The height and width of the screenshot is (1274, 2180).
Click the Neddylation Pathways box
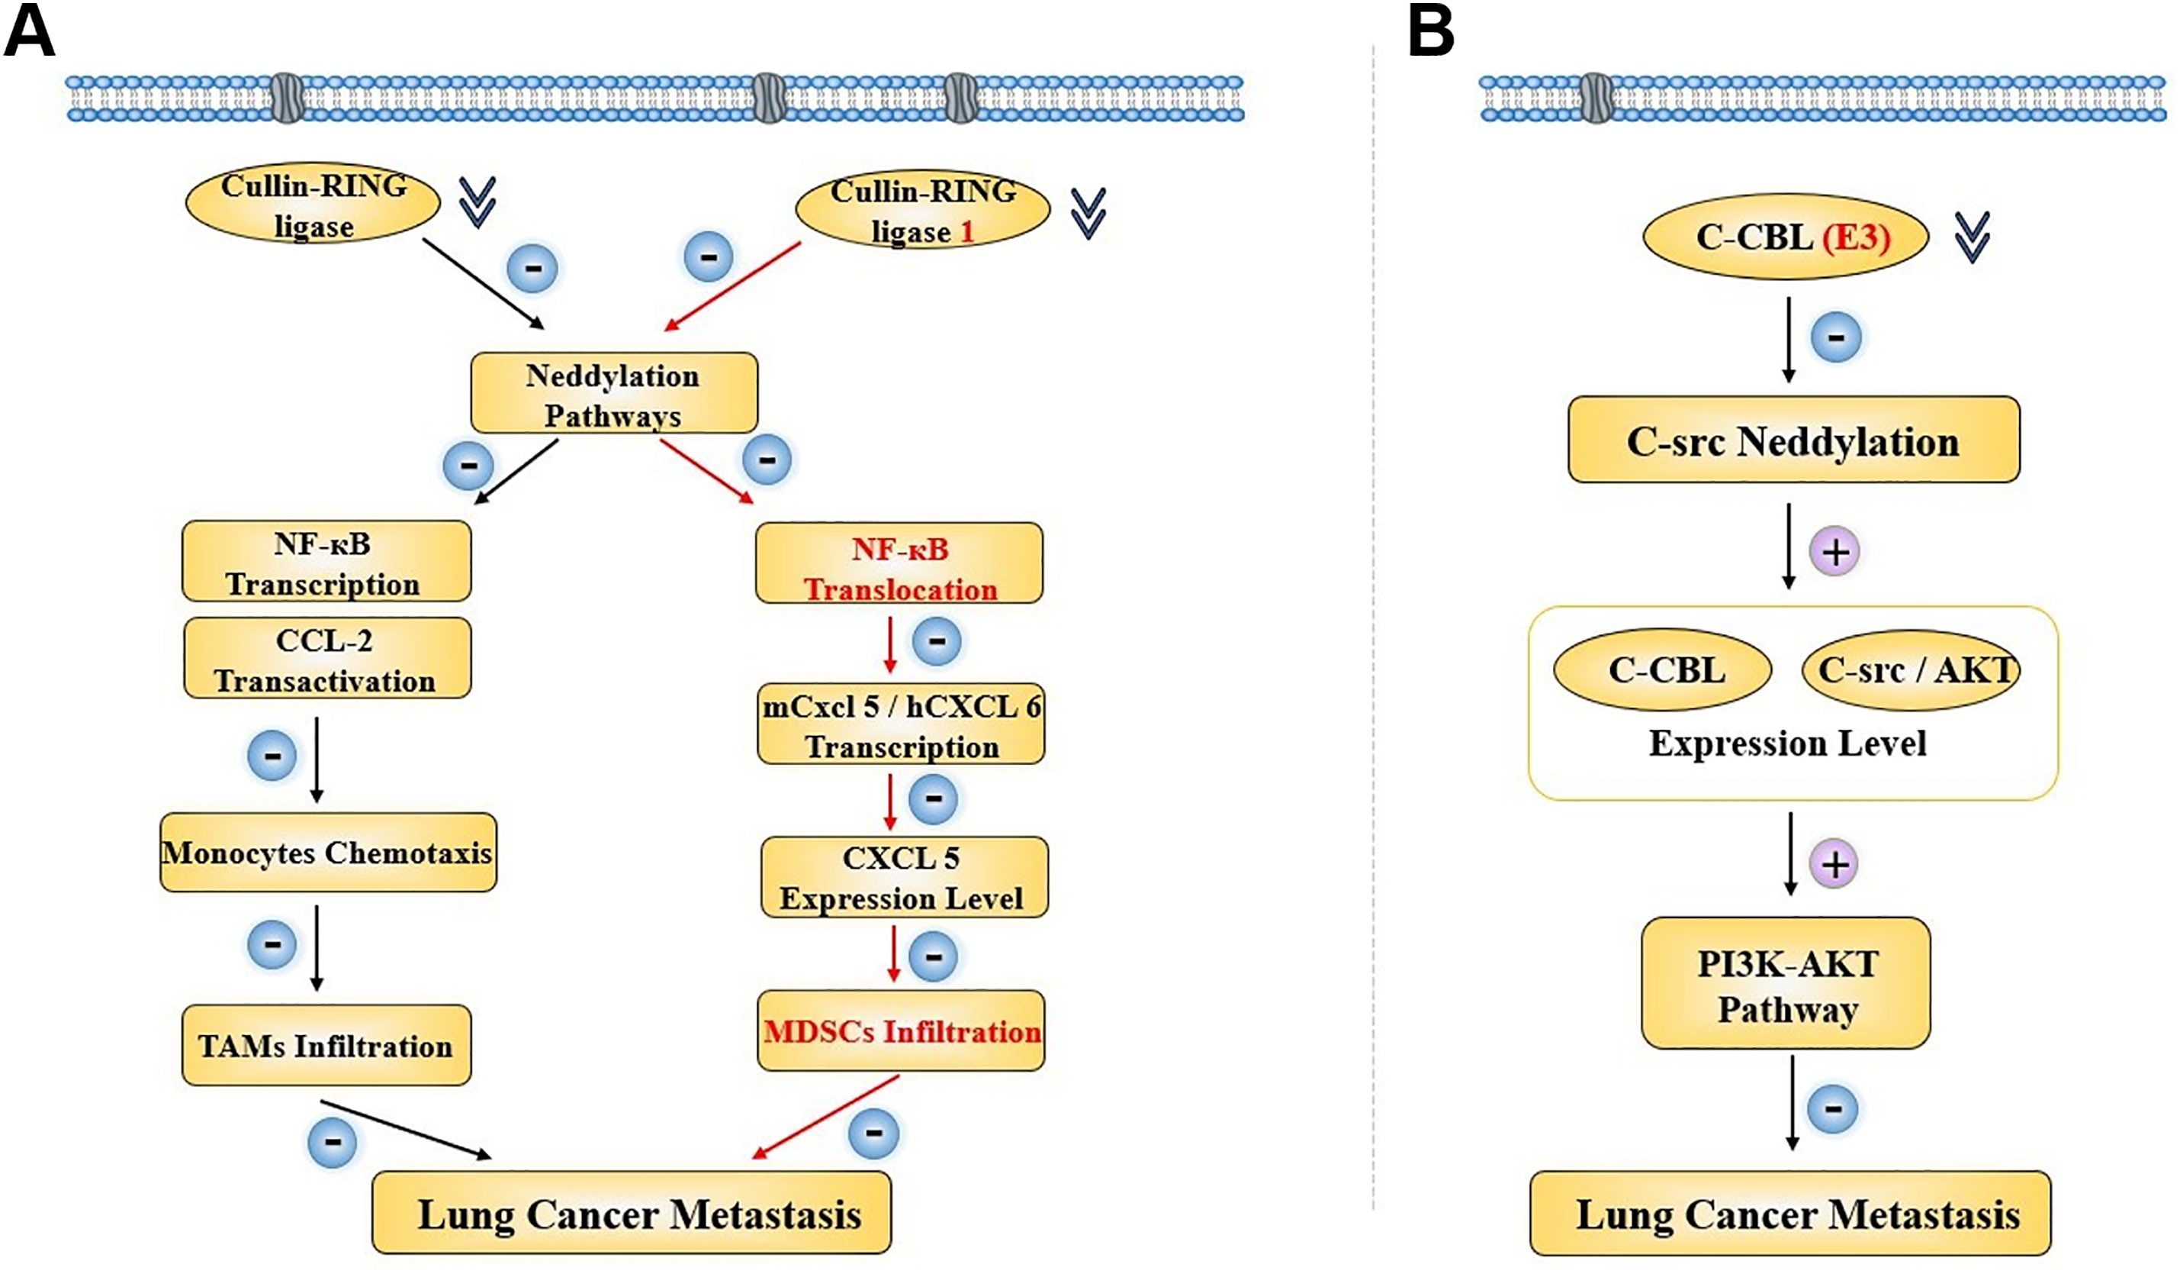pyautogui.click(x=613, y=394)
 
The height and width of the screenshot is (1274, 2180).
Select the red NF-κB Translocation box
pyautogui.click(x=899, y=563)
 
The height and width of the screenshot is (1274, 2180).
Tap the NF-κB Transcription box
pyautogui.click(x=326, y=562)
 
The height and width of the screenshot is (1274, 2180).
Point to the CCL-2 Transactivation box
pyautogui.click(x=327, y=659)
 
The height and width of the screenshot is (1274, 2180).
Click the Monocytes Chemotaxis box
pyautogui.click(x=328, y=853)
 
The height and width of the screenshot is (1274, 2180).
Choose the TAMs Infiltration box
pyautogui.click(x=326, y=1046)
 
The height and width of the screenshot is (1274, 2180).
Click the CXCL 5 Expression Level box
pyautogui.click(x=904, y=878)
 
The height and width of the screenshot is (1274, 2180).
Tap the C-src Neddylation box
pyautogui.click(x=1793, y=440)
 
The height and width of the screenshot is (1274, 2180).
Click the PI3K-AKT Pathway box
pyautogui.click(x=1786, y=984)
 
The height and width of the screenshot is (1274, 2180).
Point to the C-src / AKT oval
pyautogui.click(x=1910, y=670)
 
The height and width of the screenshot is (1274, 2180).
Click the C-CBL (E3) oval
pyautogui.click(x=1786, y=237)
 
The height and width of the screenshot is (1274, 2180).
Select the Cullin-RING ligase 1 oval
pyautogui.click(x=922, y=211)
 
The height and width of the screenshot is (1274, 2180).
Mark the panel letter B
pyautogui.click(x=1431, y=33)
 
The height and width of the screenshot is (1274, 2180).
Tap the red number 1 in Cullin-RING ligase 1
pyautogui.click(x=967, y=232)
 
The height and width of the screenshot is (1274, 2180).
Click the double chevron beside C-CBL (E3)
pyautogui.click(x=1973, y=237)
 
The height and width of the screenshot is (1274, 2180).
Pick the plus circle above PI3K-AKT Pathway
pyautogui.click(x=1834, y=864)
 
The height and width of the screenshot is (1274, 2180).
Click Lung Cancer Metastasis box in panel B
pyautogui.click(x=1790, y=1214)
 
